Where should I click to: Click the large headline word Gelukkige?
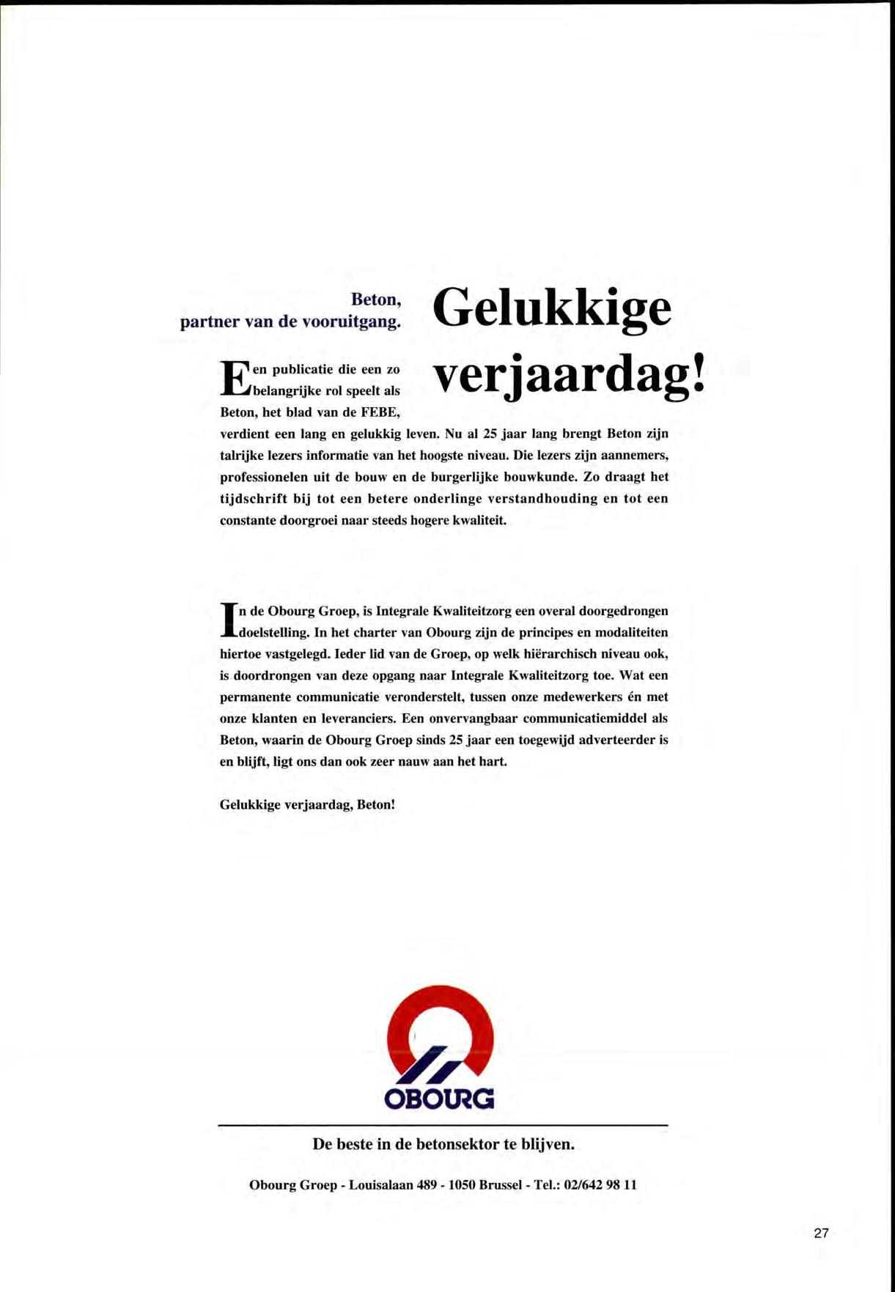click(x=552, y=310)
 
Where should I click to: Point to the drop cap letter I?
click(x=227, y=620)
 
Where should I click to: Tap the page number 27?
click(x=821, y=1233)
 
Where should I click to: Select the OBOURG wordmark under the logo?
click(x=440, y=1099)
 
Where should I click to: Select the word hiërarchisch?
click(x=540, y=653)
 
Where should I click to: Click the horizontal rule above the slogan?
click(x=443, y=1124)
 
